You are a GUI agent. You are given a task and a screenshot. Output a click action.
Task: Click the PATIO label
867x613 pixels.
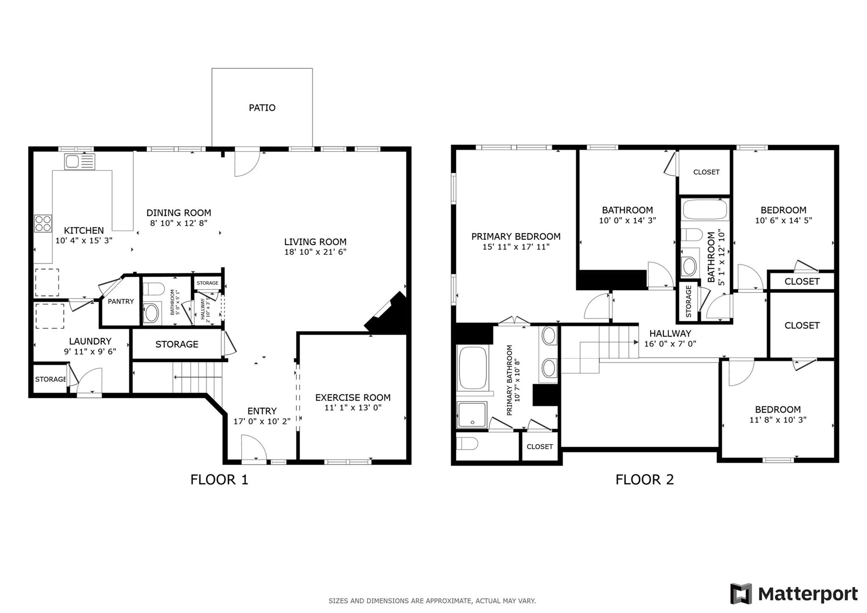coord(262,108)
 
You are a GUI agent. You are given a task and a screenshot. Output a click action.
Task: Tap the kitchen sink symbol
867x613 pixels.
coord(80,162)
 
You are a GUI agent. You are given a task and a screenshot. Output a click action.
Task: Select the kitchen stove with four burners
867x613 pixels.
coord(43,224)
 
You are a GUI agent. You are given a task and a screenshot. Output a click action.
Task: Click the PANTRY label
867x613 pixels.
coord(121,301)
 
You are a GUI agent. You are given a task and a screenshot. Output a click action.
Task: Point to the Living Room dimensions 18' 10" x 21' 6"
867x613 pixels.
coord(315,252)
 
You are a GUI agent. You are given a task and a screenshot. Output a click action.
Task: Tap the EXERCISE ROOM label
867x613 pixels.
coord(353,398)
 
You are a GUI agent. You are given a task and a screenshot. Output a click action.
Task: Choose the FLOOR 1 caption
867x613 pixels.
coord(219,480)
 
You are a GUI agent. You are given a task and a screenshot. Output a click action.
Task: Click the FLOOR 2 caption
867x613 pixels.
coord(644,480)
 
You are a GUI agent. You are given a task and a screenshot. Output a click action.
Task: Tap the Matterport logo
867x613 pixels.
coord(794,594)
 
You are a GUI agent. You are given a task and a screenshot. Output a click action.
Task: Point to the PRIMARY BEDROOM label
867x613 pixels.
coord(516,237)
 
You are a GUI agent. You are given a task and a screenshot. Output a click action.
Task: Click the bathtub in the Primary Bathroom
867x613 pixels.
coord(472,368)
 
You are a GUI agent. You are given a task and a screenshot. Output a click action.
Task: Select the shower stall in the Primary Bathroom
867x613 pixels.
coord(472,415)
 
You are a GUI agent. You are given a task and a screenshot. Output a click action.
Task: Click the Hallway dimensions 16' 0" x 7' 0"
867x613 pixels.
coord(670,344)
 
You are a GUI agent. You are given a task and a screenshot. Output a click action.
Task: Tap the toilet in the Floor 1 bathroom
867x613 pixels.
coord(153,289)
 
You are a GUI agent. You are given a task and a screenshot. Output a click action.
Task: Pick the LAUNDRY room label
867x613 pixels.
coord(90,341)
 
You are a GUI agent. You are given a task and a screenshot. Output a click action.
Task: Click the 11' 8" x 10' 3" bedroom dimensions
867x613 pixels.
coord(778,420)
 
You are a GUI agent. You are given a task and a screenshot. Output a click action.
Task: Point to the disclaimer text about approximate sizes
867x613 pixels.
coord(432,601)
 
